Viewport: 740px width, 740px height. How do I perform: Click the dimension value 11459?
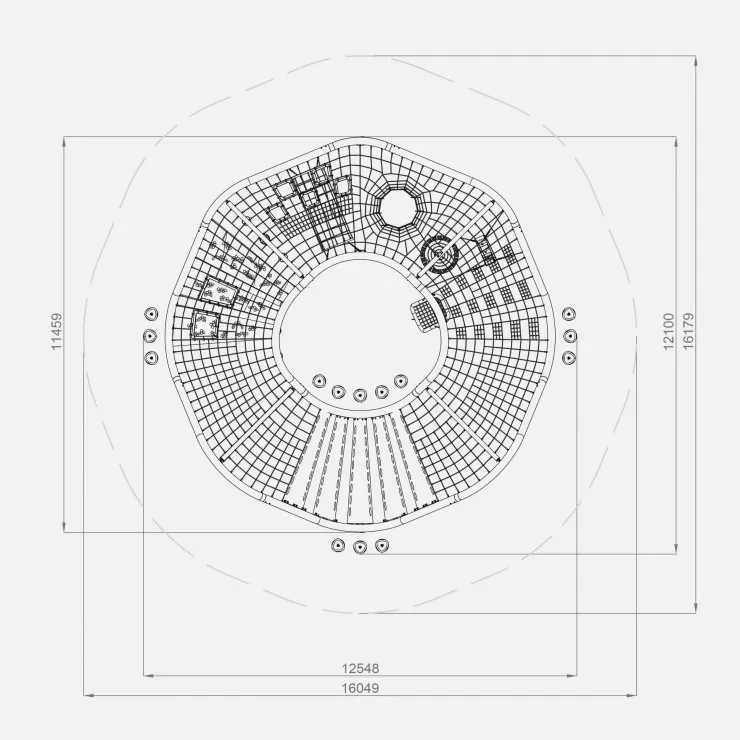[57, 331]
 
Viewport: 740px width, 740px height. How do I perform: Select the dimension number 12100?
[669, 331]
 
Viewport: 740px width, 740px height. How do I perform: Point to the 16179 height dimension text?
[689, 331]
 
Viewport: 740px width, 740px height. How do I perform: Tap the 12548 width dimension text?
[361, 668]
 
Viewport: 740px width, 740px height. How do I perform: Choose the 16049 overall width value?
[361, 688]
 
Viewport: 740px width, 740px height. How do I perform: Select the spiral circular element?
[439, 255]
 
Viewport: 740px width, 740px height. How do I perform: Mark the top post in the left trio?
[151, 313]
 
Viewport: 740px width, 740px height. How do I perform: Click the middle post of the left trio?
[150, 336]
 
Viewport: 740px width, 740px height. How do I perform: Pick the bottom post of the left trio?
[151, 357]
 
